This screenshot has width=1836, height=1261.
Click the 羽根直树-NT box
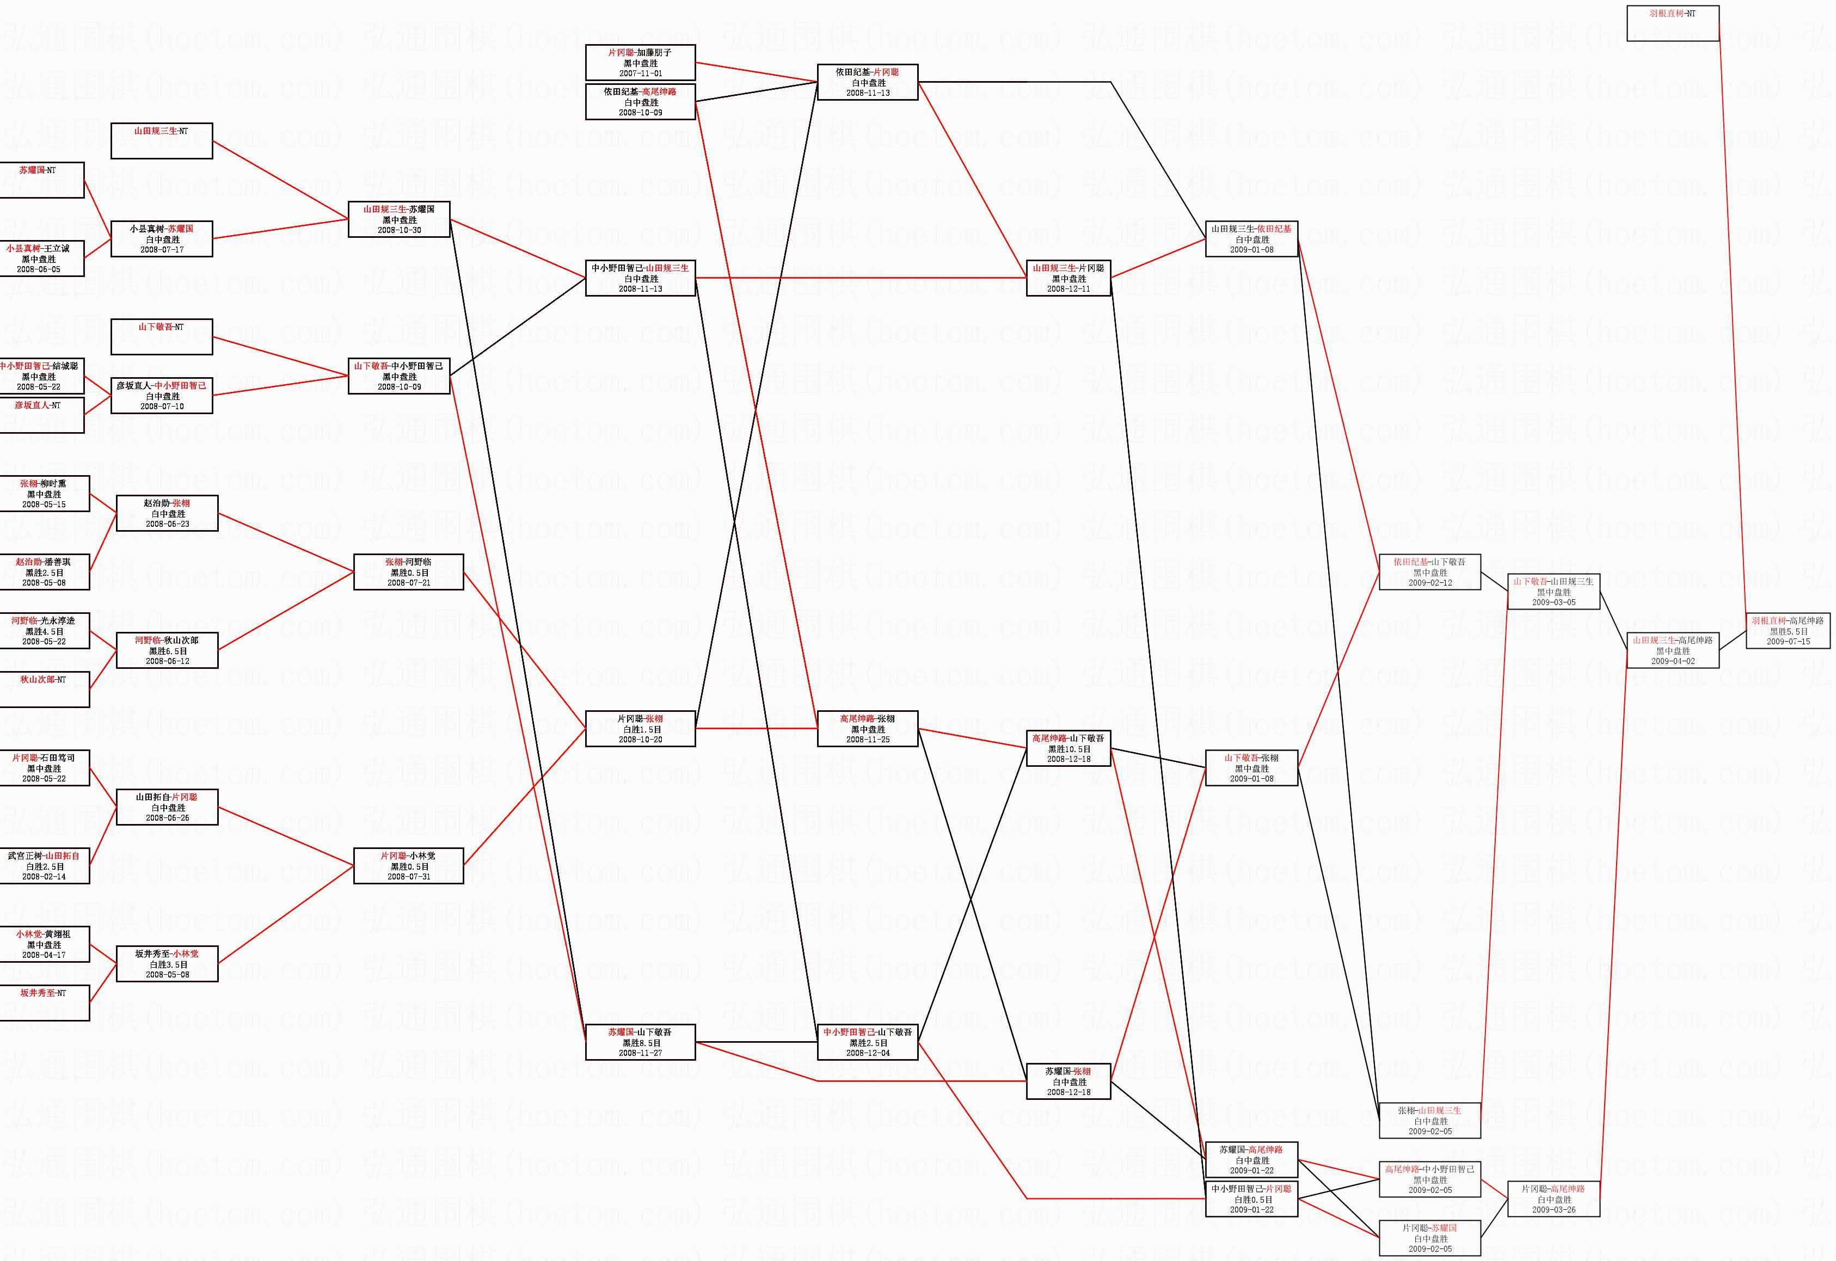pyautogui.click(x=1673, y=23)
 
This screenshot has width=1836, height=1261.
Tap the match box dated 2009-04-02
pyautogui.click(x=1673, y=650)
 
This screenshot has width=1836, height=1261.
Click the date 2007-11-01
pyautogui.click(x=641, y=73)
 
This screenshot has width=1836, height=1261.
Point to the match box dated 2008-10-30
pyautogui.click(x=399, y=220)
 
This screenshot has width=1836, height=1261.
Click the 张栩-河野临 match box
pyautogui.click(x=408, y=572)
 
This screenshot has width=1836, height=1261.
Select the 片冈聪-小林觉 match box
pyautogui.click(x=408, y=866)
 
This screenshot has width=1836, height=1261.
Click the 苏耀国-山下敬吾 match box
pyautogui.click(x=640, y=1042)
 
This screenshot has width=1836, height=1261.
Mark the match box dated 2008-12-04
pyautogui.click(x=868, y=1042)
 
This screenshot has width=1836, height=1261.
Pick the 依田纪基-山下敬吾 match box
pyautogui.click(x=1429, y=572)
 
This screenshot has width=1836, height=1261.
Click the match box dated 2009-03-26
pyautogui.click(x=1553, y=1198)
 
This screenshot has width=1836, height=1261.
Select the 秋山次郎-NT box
pyautogui.click(x=44, y=689)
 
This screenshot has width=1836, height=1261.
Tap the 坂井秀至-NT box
pyautogui.click(x=44, y=1002)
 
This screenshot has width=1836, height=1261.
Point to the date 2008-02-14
pyautogui.click(x=44, y=877)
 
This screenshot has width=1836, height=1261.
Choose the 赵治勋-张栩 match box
pyautogui.click(x=167, y=514)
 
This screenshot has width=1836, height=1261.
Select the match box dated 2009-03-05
pyautogui.click(x=1553, y=591)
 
